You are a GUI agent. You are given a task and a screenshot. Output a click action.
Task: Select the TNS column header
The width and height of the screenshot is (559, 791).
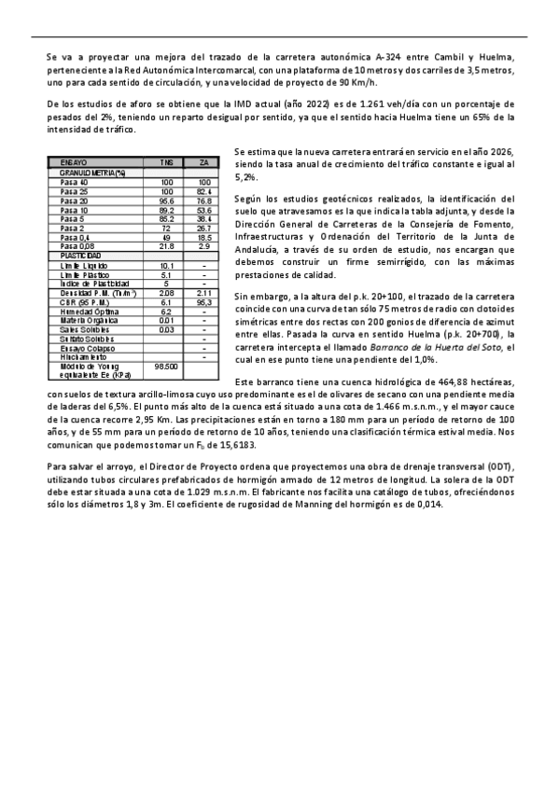(167, 162)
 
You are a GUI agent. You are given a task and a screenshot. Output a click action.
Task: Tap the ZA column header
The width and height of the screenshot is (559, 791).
(204, 162)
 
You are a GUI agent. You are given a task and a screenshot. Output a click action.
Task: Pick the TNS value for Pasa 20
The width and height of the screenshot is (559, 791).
(167, 201)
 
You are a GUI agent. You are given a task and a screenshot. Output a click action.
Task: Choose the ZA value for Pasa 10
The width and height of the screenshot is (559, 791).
(204, 210)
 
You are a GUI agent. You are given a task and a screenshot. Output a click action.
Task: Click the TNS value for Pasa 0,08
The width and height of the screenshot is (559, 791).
(167, 246)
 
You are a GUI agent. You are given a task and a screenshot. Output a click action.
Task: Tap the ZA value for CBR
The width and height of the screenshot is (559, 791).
(204, 302)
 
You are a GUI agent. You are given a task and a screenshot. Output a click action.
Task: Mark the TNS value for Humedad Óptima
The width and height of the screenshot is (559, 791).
(167, 312)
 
